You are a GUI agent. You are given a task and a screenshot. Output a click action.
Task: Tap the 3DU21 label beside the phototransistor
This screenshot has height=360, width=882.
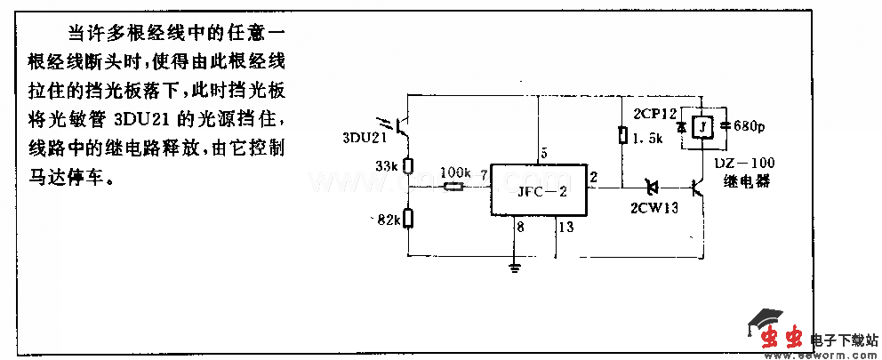click(364, 139)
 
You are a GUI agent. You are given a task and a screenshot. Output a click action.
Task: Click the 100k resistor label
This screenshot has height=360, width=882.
click(454, 171)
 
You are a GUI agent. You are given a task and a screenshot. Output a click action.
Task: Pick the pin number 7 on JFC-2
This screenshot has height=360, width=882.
click(483, 176)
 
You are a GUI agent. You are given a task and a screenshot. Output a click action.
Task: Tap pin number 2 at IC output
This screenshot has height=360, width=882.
click(593, 176)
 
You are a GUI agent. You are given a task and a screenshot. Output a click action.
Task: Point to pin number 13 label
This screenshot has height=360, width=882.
click(565, 228)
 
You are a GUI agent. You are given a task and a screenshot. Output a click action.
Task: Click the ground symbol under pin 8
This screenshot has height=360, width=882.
click(515, 266)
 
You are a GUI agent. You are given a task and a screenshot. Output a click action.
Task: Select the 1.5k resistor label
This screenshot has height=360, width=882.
click(646, 138)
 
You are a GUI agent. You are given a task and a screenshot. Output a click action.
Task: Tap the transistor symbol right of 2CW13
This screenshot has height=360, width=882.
click(698, 188)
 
